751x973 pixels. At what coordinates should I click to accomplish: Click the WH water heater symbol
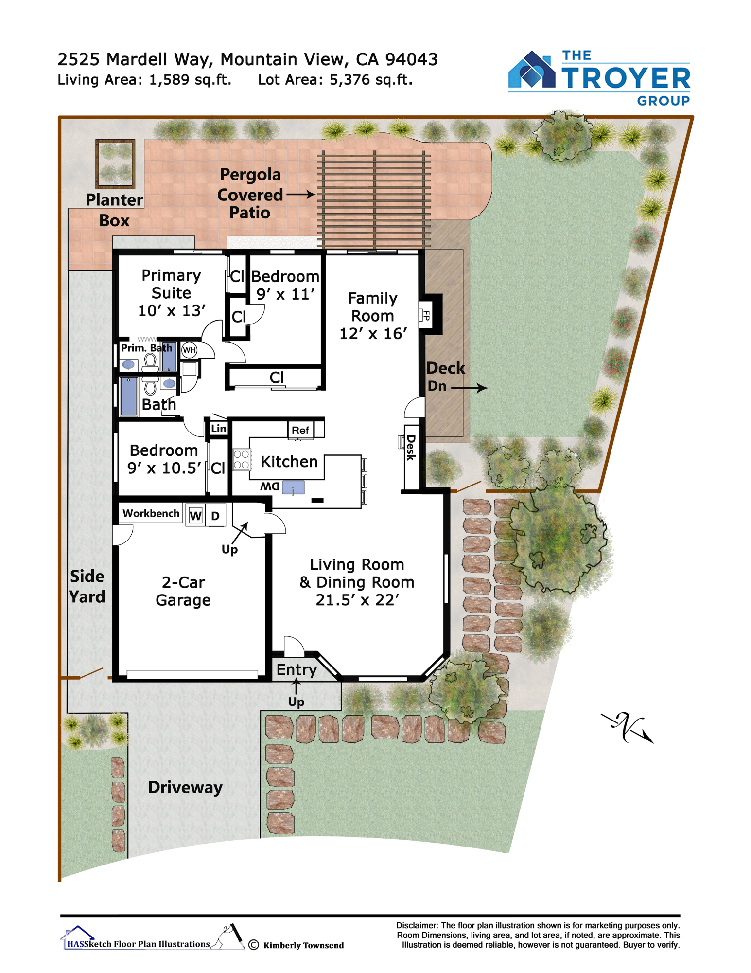tap(189, 350)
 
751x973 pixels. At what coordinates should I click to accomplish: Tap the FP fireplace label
tap(426, 315)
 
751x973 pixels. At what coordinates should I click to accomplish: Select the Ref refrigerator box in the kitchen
tap(300, 430)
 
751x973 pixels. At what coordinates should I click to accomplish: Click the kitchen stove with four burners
tap(242, 459)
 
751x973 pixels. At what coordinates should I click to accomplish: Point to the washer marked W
tap(195, 516)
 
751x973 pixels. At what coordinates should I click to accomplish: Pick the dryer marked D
tap(215, 516)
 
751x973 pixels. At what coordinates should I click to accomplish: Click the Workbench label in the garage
tap(151, 513)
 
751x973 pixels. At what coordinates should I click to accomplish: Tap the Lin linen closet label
tap(218, 429)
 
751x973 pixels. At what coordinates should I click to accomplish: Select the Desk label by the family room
tap(411, 448)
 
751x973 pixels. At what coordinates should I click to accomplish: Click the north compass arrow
tap(628, 727)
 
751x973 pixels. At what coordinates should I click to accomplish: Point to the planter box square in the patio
tap(115, 164)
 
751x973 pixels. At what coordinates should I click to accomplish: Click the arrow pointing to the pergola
tap(300, 195)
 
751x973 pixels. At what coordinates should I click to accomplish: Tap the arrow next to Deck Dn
tap(469, 388)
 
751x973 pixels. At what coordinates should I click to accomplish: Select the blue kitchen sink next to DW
tap(293, 487)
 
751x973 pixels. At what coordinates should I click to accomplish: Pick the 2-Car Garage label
tap(183, 591)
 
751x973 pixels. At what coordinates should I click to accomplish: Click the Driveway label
tap(185, 787)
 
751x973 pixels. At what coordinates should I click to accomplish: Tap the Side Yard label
tap(87, 586)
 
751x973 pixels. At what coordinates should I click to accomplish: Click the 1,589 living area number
tap(169, 80)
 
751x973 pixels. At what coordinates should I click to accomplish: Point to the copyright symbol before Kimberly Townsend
tap(254, 945)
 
